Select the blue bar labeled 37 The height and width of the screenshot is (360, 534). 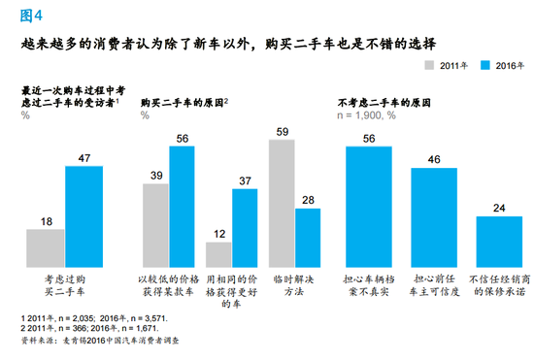click(245, 222)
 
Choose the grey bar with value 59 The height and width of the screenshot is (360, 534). click(282, 198)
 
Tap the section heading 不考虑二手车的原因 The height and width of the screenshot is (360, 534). click(384, 102)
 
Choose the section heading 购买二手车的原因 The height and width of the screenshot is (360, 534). click(184, 102)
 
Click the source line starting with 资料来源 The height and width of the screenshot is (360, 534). click(92, 341)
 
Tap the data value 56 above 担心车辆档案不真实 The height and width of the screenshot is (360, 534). click(369, 137)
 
